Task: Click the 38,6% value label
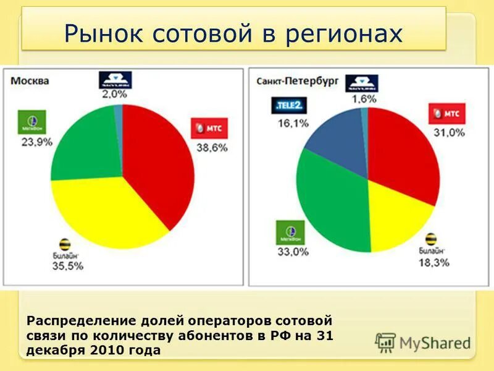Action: point(212,148)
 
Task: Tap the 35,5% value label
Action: point(67,266)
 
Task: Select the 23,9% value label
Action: point(34,142)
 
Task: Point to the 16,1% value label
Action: point(293,124)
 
